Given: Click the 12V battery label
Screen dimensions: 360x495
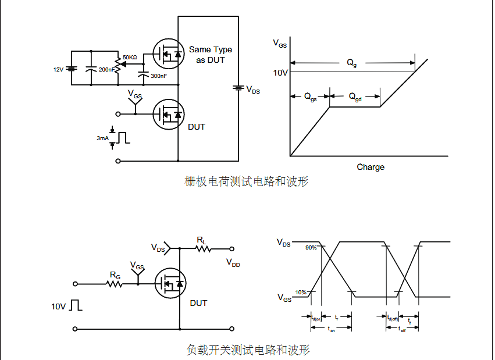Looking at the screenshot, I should (x=58, y=69).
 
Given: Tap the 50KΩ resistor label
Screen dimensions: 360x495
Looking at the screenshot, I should (x=130, y=58).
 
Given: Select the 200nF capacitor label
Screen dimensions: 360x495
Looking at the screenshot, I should (x=106, y=69).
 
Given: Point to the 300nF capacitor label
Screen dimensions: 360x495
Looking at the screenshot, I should (x=158, y=76).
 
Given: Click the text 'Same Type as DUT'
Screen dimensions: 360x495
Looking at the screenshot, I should (x=210, y=55).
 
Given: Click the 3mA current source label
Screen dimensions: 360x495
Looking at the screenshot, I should (x=102, y=138).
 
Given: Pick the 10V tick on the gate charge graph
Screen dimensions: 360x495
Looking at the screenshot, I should (x=280, y=73).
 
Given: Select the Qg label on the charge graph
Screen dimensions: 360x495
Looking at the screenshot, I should (x=352, y=63).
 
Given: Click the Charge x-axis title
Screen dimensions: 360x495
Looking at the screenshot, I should (x=371, y=167).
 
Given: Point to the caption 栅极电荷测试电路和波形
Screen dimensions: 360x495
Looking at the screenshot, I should (x=247, y=182).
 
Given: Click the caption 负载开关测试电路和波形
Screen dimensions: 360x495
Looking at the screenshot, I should (x=248, y=350).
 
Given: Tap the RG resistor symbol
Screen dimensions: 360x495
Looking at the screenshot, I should (x=115, y=284).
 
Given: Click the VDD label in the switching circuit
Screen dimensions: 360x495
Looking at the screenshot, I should (x=233, y=263).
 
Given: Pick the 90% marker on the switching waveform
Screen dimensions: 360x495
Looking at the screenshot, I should (x=311, y=248).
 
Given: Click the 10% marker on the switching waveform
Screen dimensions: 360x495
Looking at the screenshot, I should (x=300, y=292).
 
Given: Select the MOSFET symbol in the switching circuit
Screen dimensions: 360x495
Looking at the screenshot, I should (x=170, y=283).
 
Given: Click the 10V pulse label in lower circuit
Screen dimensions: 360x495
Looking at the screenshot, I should (x=59, y=306).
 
